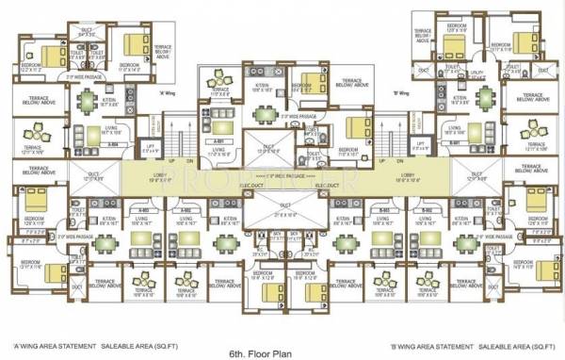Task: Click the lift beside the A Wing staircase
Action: click(149, 147)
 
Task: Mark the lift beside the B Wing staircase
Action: click(419, 147)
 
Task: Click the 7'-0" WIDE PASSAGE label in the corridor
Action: click(282, 176)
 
